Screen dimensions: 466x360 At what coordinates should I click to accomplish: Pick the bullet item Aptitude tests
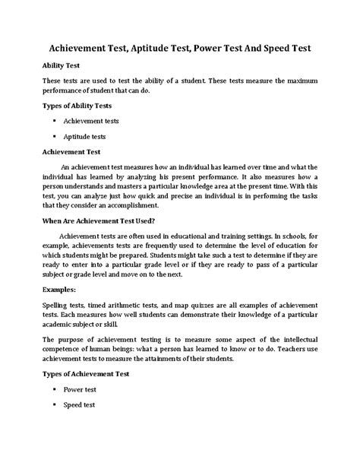pos(84,137)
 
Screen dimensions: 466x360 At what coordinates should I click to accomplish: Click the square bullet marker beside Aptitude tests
pos(55,137)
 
